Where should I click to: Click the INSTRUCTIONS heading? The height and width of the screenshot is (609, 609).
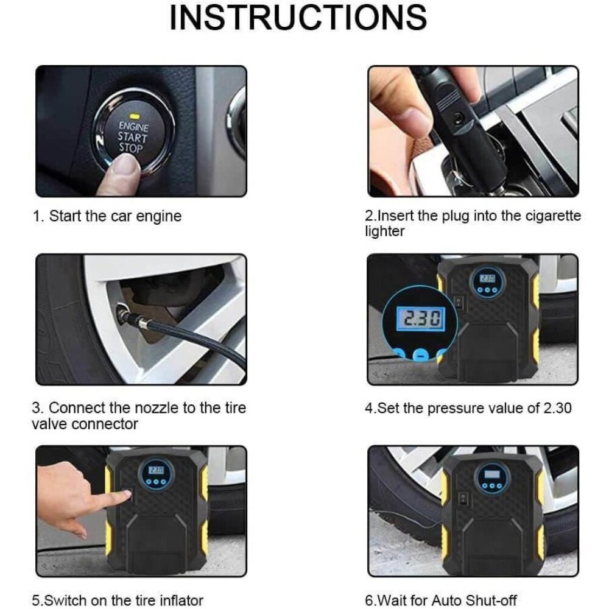(298, 18)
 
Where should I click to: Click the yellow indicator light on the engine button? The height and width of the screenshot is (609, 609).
(135, 116)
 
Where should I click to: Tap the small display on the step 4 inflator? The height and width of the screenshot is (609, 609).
(487, 278)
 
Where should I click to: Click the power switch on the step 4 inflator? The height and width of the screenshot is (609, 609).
(459, 302)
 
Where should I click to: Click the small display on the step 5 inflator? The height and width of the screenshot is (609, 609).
(157, 470)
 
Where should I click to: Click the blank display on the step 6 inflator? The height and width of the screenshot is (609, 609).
(492, 474)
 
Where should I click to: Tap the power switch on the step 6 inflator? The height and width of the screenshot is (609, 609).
(463, 499)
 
